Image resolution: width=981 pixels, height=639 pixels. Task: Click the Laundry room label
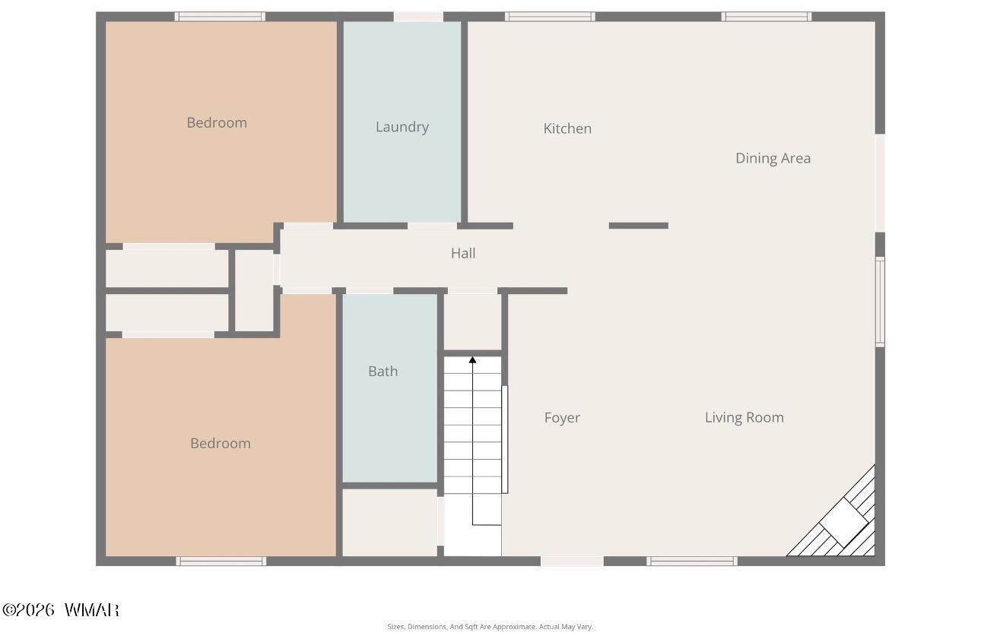[402, 127]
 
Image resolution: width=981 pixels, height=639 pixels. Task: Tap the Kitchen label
[567, 128]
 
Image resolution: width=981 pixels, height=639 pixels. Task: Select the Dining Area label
[773, 158]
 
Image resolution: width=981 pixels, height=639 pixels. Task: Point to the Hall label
[463, 253]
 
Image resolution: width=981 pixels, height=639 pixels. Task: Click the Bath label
[383, 371]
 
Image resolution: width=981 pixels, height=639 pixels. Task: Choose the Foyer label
[562, 418]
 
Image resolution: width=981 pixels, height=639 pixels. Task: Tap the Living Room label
[744, 417]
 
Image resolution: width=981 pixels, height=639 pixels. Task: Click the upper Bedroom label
[217, 122]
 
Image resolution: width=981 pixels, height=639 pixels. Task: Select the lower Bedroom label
[221, 444]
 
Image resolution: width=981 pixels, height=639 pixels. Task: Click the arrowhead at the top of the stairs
[472, 359]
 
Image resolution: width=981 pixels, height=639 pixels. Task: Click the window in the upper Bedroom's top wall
[220, 17]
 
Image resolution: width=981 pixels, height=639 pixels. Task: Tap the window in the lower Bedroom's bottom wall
[221, 561]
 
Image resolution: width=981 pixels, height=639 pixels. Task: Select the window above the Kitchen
[550, 17]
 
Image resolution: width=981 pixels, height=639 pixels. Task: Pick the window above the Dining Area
[767, 17]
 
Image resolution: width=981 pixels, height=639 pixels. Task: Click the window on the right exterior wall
[880, 302]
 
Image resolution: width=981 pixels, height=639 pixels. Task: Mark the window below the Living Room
[692, 561]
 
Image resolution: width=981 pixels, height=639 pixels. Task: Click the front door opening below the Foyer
[572, 561]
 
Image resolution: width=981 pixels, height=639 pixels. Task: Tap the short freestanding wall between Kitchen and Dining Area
[639, 226]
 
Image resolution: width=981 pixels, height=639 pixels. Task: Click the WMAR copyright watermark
[61, 610]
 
